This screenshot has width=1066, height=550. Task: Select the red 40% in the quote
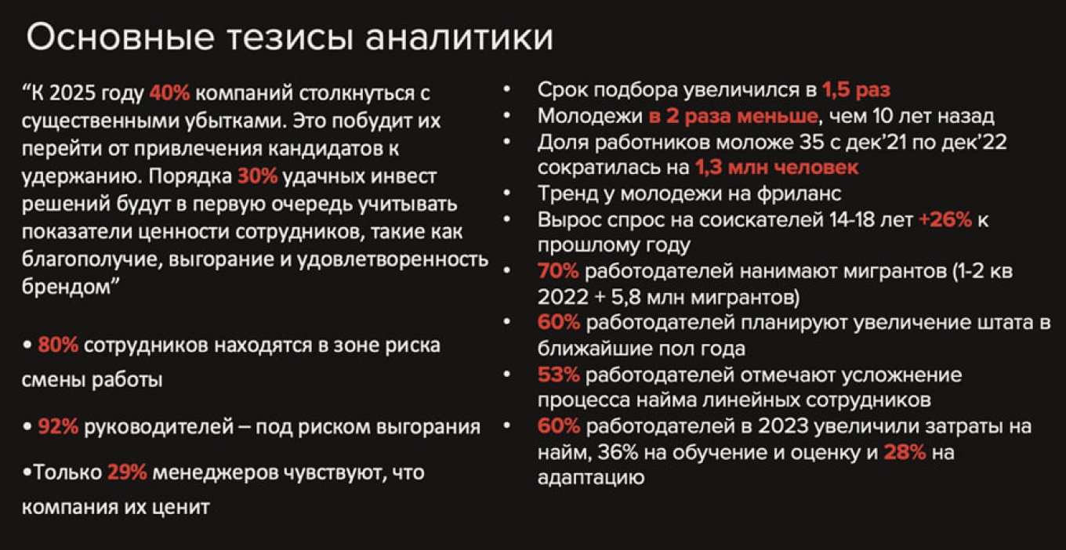169,94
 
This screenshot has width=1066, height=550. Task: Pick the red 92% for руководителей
58,427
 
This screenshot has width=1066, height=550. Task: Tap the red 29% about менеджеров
127,473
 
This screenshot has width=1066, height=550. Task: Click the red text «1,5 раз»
856,90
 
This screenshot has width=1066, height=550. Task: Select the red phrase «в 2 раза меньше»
732,117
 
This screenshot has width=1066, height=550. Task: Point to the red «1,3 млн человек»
776,167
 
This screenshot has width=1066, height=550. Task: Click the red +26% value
945,220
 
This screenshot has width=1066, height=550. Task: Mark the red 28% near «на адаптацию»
905,452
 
